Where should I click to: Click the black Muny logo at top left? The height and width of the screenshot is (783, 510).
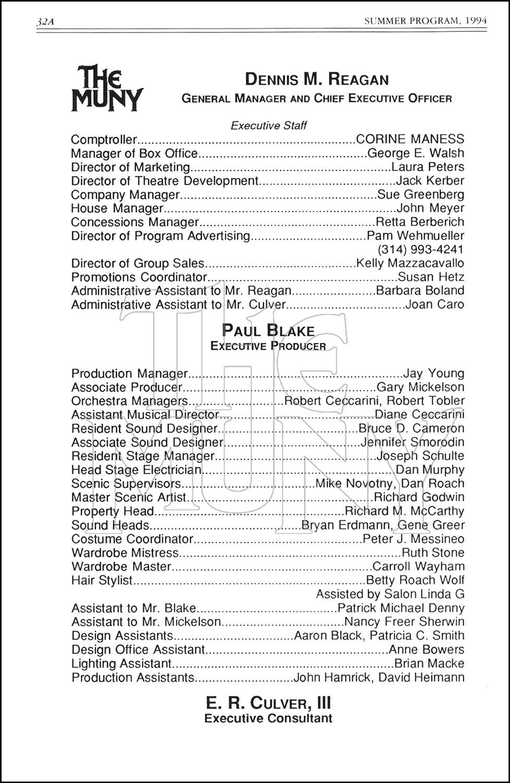click(x=107, y=88)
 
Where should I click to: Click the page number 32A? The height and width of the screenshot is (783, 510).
click(x=46, y=22)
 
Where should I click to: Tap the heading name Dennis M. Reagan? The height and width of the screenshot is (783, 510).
click(x=317, y=79)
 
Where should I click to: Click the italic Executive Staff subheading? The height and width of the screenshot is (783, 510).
click(x=268, y=125)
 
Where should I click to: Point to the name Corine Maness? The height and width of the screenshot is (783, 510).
click(x=410, y=139)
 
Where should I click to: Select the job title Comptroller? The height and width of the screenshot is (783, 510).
click(x=103, y=139)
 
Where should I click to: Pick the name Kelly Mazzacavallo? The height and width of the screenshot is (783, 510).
click(x=410, y=263)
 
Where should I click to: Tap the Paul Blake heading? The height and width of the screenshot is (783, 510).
click(x=268, y=330)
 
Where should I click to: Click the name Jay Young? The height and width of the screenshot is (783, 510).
click(x=434, y=373)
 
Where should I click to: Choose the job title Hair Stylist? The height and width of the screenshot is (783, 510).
click(x=102, y=580)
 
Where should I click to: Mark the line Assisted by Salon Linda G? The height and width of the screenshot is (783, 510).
click(x=390, y=594)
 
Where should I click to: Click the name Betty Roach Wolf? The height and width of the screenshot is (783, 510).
click(x=415, y=580)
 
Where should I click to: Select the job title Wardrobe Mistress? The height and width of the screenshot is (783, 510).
click(x=125, y=552)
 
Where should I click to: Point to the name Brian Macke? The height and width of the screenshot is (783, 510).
click(x=429, y=663)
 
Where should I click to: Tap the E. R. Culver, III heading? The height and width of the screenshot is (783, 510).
click(x=268, y=703)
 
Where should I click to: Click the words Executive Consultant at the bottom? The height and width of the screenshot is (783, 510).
click(x=268, y=718)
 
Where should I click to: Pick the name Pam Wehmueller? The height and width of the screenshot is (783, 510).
click(x=416, y=235)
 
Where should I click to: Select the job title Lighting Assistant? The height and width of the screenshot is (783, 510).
click(x=121, y=663)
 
